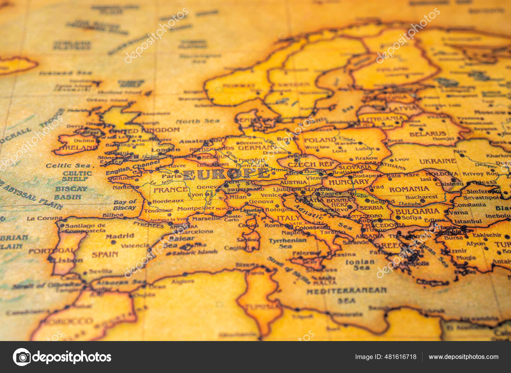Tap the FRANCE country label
tap(171, 190)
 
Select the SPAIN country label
tap(105, 255)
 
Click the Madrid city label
tap(120, 236)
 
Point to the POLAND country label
tap(320, 140)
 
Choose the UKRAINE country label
tap(438, 161)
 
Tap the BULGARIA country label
tap(417, 211)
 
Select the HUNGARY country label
tap(349, 182)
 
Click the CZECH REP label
tap(310, 165)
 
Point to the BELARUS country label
tap(427, 134)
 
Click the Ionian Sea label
tap(360, 265)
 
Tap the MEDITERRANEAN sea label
tap(347, 291)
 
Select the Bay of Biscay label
tap(125, 205)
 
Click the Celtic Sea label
tap(68, 166)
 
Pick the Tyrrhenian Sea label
tap(287, 243)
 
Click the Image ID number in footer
tap(385, 357)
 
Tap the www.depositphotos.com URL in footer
tap(463, 357)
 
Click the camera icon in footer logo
tap(22, 357)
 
